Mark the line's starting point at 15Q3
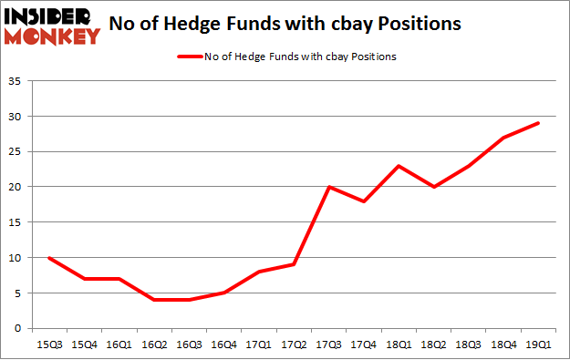(48, 258)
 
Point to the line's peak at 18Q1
(399, 166)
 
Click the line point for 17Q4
(364, 201)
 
